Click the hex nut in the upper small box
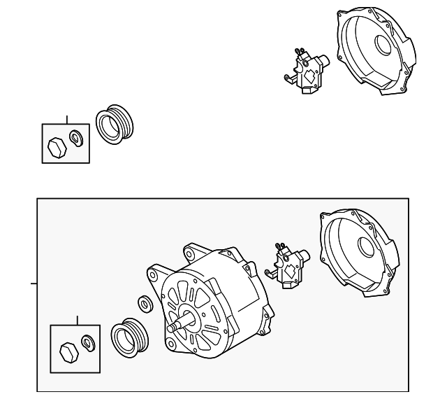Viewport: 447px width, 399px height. [55, 146]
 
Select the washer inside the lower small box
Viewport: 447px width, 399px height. [88, 342]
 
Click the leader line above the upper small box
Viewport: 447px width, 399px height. [67, 119]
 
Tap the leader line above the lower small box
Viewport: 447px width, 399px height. [78, 321]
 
